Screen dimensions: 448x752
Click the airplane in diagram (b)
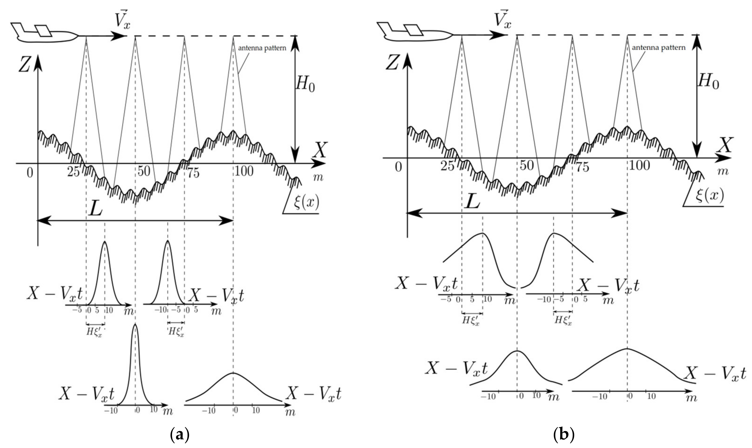[417, 32]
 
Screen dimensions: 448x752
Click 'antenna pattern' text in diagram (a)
[262, 48]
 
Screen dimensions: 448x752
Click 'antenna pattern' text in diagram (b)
[659, 48]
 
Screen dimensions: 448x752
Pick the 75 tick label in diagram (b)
[583, 167]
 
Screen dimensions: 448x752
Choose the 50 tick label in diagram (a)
[144, 171]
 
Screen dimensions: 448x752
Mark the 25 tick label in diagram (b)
[448, 166]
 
